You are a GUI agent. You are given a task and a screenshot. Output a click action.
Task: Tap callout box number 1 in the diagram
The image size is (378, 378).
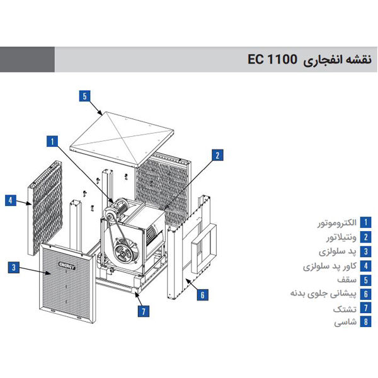point(53,141)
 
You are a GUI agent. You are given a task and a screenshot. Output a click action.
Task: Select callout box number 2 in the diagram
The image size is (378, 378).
point(217,154)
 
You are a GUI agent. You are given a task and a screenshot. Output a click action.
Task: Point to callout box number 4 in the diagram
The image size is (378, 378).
point(11,200)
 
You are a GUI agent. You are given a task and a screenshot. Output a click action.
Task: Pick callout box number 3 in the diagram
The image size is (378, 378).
point(13,267)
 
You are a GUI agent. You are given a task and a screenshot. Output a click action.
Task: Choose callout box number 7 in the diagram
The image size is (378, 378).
point(144,310)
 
